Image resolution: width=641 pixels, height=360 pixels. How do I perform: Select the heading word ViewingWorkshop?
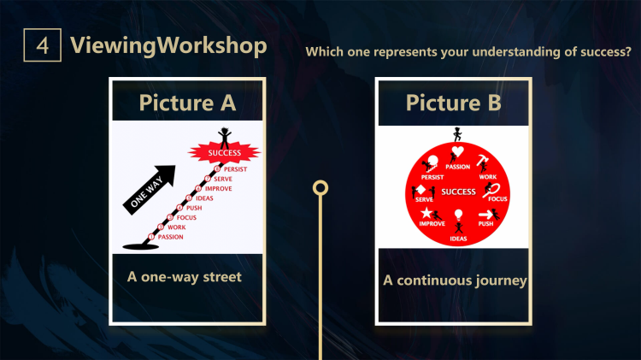[x=168, y=44]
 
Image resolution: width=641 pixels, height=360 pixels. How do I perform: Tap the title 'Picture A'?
[x=187, y=103]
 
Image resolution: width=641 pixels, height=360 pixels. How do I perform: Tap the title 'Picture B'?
[x=453, y=103]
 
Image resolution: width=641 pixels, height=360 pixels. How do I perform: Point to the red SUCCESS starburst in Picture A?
[x=224, y=153]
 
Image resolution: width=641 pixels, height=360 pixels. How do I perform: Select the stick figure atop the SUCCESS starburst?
[x=225, y=136]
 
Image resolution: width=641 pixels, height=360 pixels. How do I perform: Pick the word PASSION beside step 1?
[x=171, y=237]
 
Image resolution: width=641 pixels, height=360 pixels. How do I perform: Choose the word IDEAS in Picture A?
[x=204, y=198]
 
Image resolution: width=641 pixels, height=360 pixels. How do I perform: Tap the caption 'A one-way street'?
[x=184, y=277]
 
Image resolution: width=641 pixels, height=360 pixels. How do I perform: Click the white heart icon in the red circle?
[x=458, y=153]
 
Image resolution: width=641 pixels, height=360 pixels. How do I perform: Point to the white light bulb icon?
[x=458, y=215]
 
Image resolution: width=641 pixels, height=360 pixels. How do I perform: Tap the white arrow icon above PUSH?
[x=486, y=214]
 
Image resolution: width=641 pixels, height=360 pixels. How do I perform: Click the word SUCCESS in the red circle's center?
[x=458, y=191]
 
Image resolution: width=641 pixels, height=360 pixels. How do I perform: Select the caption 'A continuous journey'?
[x=454, y=280]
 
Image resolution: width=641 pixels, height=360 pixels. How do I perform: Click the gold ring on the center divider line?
[x=320, y=186]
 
